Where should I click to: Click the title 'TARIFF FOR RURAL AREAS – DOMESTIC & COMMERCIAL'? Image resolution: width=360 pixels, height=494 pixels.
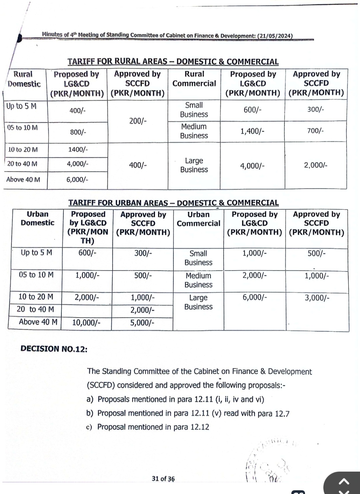tap(173, 62)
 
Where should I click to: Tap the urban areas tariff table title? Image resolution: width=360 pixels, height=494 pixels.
tap(173, 203)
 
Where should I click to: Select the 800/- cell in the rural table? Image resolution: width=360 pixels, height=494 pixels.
tap(78, 132)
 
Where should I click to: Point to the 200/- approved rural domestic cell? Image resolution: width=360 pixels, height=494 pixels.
tap(138, 121)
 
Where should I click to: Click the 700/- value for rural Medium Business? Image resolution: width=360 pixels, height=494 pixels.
tap(315, 131)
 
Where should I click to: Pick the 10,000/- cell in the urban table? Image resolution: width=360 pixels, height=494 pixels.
tap(86, 323)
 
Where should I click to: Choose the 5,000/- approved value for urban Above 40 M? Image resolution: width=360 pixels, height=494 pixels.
tap(142, 323)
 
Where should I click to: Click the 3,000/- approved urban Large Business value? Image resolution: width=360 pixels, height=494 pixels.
tap(317, 298)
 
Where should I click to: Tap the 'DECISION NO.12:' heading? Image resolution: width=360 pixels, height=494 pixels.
tap(54, 349)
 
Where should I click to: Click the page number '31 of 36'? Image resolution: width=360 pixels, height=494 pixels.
tap(163, 479)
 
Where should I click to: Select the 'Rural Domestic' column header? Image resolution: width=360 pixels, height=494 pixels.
tap(24, 79)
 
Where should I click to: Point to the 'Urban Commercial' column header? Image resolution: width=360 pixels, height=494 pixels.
tap(198, 219)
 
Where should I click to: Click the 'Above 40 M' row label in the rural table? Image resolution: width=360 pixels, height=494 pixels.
tap(23, 180)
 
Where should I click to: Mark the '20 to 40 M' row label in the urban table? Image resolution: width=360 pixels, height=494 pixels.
tap(35, 309)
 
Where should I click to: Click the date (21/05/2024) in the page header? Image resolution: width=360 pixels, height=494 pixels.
tap(275, 36)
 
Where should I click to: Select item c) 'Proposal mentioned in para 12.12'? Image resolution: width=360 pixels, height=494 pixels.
tap(148, 427)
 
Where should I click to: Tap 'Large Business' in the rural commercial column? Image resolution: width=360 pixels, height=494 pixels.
tap(194, 165)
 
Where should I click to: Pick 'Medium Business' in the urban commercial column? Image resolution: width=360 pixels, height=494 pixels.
tap(198, 280)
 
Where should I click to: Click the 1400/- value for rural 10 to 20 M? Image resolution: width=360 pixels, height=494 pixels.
tap(78, 150)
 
